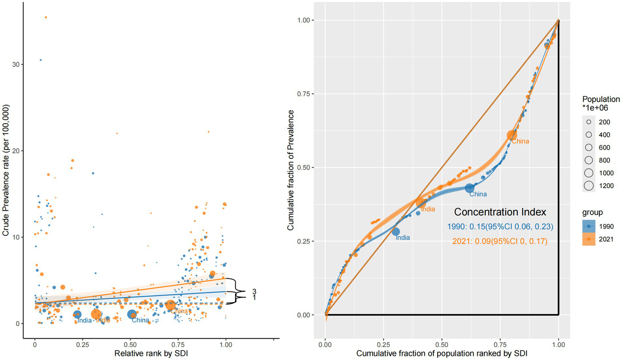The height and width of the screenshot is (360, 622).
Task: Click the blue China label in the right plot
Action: tap(478, 194)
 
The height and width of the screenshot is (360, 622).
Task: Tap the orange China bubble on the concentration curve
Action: tap(512, 135)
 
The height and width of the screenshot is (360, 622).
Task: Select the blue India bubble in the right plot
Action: tap(396, 232)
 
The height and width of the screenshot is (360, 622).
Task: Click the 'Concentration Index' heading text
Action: tap(500, 212)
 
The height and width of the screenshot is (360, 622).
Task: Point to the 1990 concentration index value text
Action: tap(500, 227)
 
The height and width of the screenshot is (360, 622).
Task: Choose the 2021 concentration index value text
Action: tap(500, 241)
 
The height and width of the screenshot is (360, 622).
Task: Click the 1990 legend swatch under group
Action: tap(589, 226)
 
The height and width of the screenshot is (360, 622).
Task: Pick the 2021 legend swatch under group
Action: tap(589, 239)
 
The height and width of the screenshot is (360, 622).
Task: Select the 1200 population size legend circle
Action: tap(589, 186)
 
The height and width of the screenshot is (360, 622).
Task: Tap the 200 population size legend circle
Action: tap(589, 122)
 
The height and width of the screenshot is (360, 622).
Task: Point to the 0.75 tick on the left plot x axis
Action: tap(178, 345)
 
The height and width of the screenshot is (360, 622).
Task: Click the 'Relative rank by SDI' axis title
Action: tap(151, 354)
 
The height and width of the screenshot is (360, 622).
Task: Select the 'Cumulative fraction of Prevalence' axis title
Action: tap(291, 170)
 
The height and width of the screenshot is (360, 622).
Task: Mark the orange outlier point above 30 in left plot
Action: tap(46, 17)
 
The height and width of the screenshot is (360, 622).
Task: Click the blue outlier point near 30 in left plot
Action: tap(41, 60)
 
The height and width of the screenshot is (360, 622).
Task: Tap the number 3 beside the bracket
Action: tap(254, 292)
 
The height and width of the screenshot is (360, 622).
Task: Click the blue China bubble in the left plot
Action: tap(132, 314)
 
